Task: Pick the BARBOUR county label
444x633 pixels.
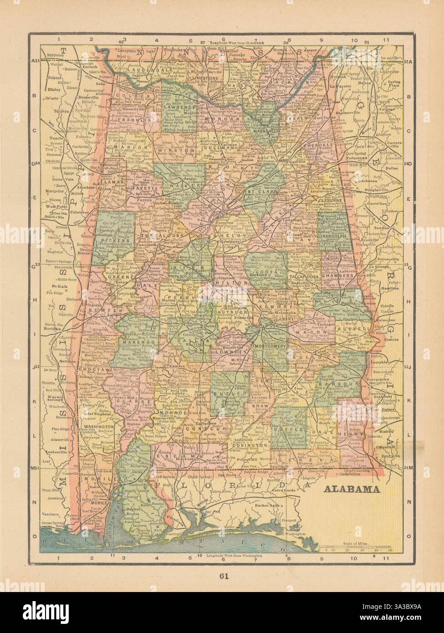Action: [338, 383]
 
